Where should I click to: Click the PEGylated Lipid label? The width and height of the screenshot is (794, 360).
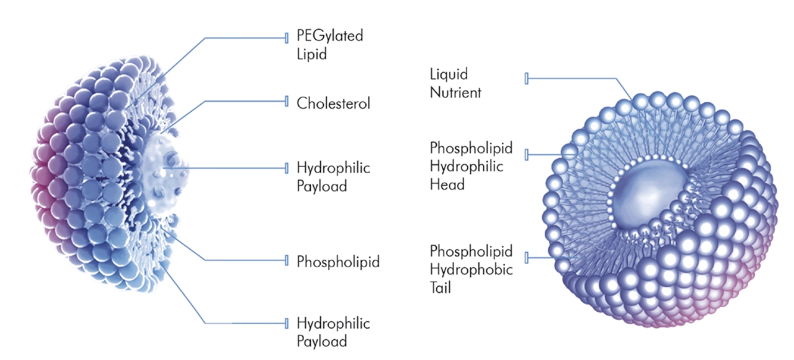click(329, 45)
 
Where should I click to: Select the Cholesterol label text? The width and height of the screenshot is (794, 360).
click(333, 104)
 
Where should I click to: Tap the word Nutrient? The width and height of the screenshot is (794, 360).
click(455, 93)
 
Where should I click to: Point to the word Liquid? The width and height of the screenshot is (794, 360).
click(449, 74)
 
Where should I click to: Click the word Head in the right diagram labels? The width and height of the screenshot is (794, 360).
click(447, 185)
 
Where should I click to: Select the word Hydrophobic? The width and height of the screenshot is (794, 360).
click(471, 270)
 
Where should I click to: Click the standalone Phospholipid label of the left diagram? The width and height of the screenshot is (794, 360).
click(338, 261)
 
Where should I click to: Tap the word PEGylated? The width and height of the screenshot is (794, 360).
click(329, 36)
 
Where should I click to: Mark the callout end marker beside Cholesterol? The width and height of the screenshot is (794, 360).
click(287, 101)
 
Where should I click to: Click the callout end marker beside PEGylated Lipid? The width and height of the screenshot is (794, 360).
click(287, 38)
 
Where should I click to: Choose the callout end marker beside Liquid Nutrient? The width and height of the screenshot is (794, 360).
click(526, 79)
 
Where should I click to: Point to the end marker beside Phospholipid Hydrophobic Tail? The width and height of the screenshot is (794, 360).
click(526, 258)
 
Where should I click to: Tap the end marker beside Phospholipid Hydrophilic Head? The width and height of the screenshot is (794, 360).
click(526, 155)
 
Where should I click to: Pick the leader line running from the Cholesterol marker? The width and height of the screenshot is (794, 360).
click(238, 101)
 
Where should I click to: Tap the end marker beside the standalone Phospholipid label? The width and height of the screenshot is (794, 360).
click(287, 260)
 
